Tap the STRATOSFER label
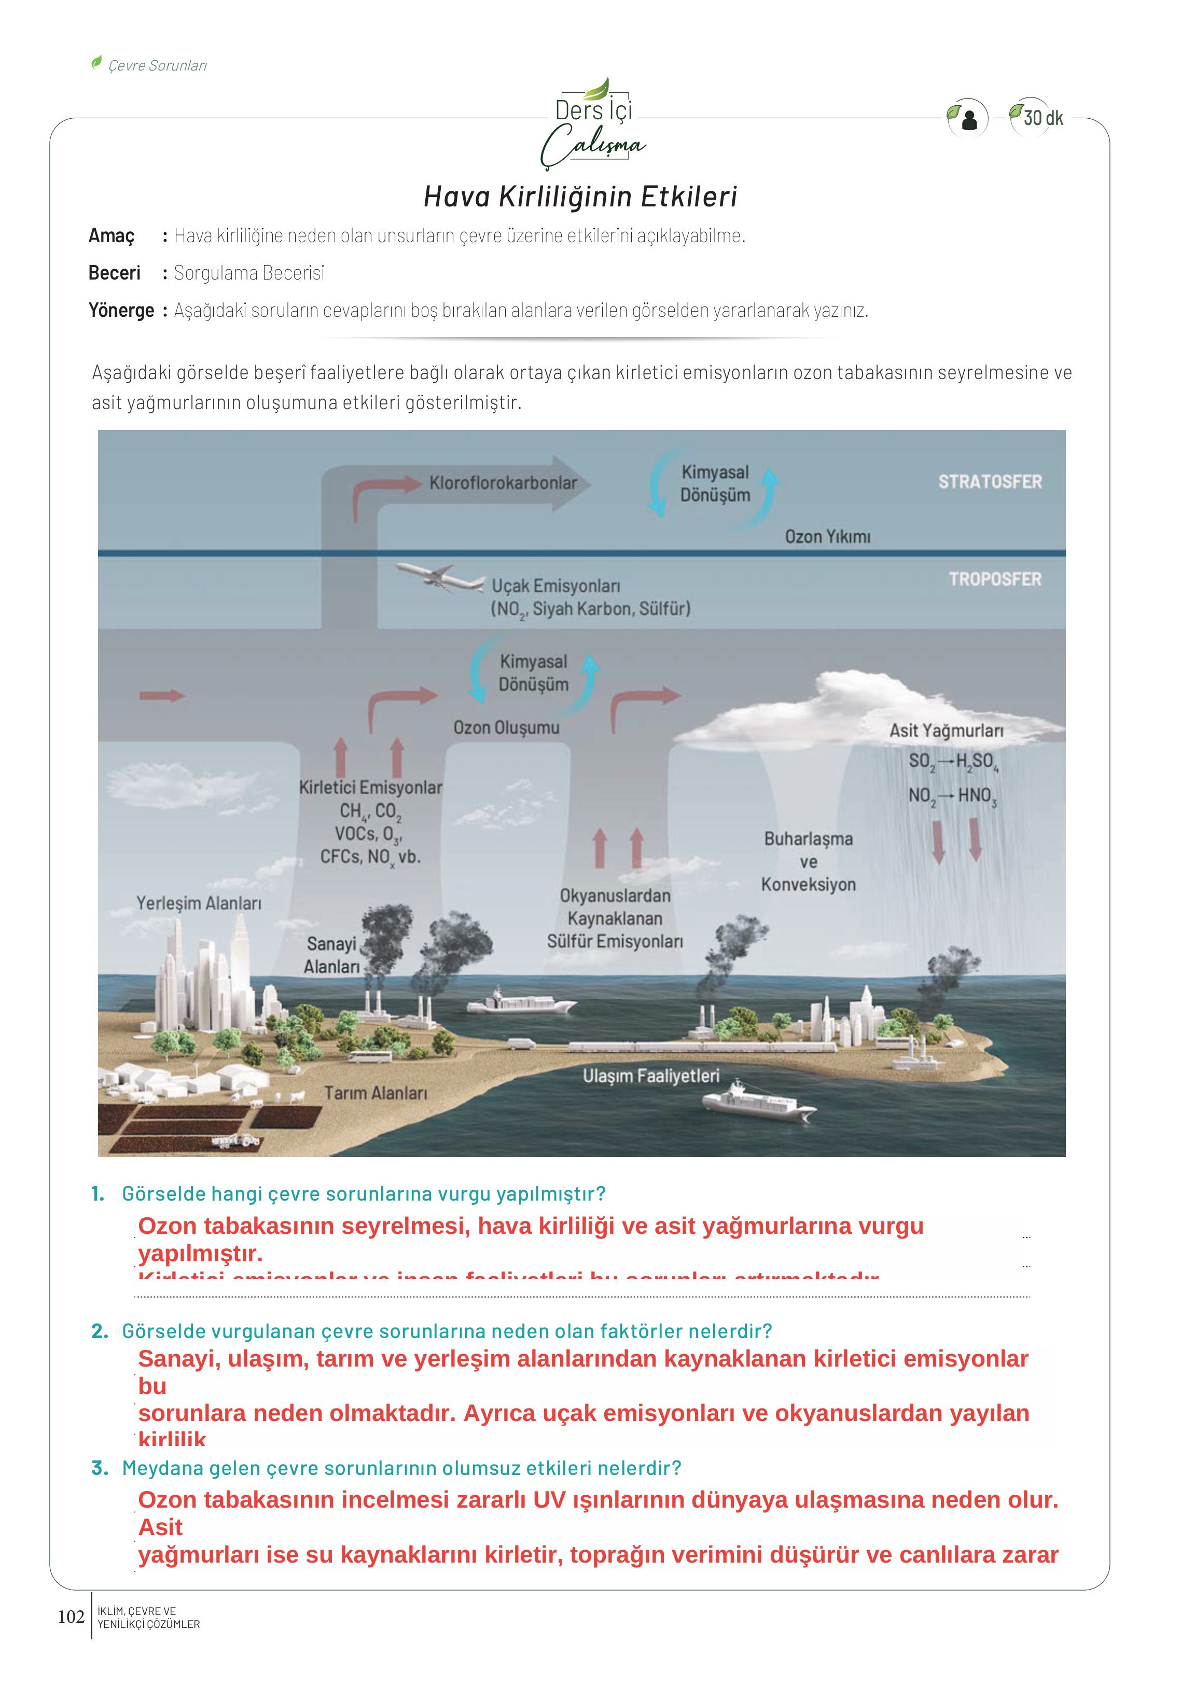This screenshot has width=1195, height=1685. point(990,482)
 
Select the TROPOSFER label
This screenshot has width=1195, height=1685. point(995,579)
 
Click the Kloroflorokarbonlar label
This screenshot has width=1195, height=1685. point(503,483)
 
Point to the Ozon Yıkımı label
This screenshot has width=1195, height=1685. point(827,536)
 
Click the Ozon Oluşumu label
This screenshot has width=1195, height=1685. point(506,728)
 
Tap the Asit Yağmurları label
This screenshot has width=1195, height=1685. point(946,731)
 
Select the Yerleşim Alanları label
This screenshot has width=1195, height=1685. point(199,903)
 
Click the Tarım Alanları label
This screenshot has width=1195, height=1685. point(376,1093)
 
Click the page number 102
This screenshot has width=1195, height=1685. point(72,1617)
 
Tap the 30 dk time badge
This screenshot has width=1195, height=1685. point(1042,118)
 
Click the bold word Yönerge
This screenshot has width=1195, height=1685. point(121,311)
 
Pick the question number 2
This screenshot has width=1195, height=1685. point(100,1331)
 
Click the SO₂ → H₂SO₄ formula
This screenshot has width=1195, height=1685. point(953,761)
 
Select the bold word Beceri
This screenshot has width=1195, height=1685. point(114,273)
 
